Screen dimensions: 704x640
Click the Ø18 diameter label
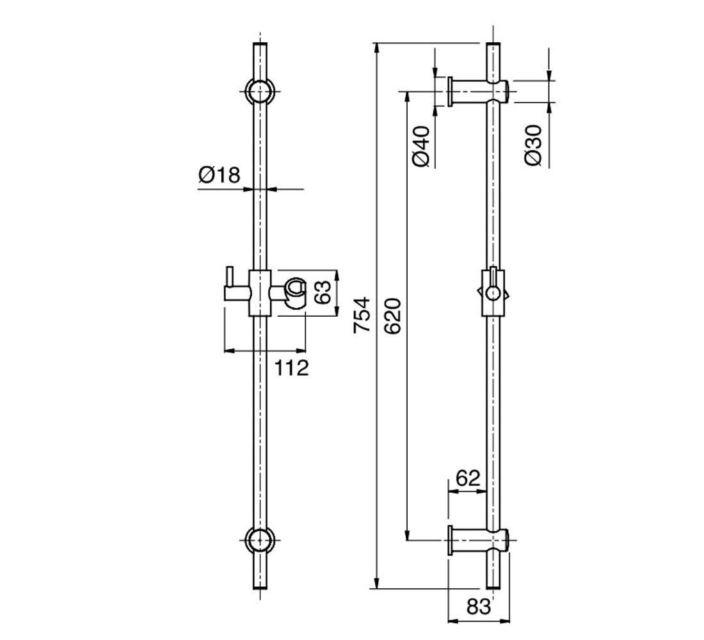point(220,175)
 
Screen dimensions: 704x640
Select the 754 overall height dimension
point(362,315)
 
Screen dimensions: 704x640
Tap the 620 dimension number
point(392,316)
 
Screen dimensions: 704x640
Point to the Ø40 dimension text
point(420,147)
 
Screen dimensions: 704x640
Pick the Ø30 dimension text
point(533,145)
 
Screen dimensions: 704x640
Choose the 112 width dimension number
point(292,368)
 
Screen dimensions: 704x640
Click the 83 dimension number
point(479,607)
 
